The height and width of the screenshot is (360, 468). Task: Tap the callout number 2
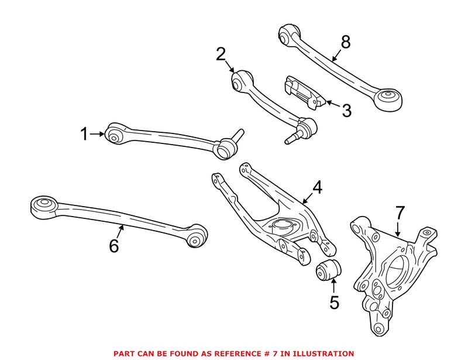point(221,54)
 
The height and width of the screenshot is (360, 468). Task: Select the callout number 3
point(346,110)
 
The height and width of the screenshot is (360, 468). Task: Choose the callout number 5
point(333,303)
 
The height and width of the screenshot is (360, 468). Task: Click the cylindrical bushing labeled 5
point(328,272)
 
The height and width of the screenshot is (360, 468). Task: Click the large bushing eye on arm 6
point(42,205)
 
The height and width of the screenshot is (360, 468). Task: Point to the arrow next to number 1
point(98,135)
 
